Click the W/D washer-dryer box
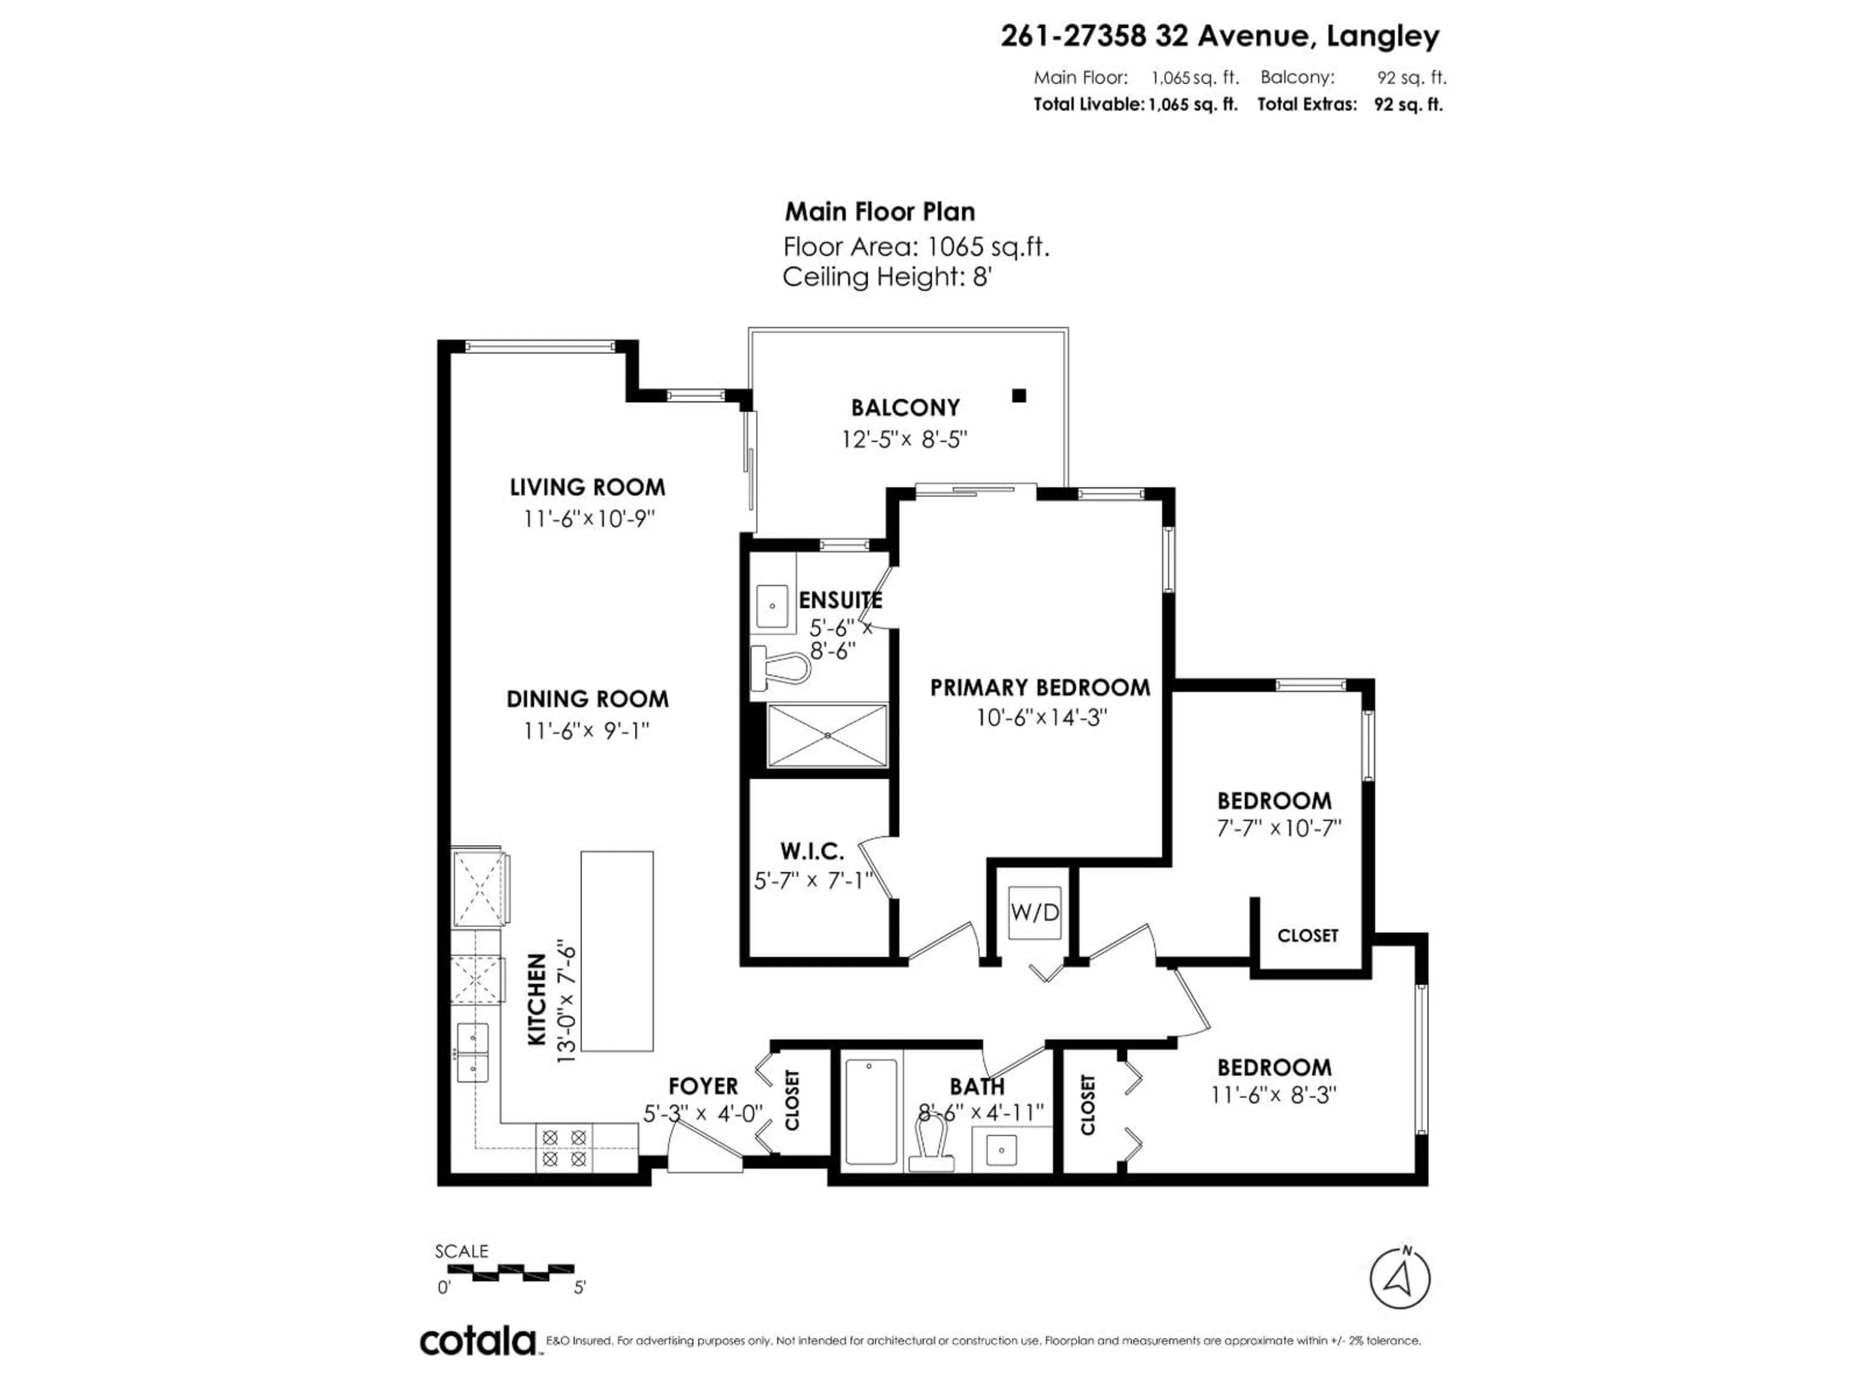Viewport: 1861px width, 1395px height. point(1034,913)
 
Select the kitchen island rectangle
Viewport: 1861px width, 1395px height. point(616,951)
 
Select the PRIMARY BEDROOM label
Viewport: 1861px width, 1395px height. point(1040,688)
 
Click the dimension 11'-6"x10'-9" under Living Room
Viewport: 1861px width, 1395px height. point(588,519)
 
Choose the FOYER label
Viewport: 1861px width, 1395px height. point(703,1086)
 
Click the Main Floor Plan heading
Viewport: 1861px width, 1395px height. point(879,211)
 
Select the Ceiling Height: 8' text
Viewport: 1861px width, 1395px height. point(887,277)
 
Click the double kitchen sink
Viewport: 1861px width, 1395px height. point(473,1053)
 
